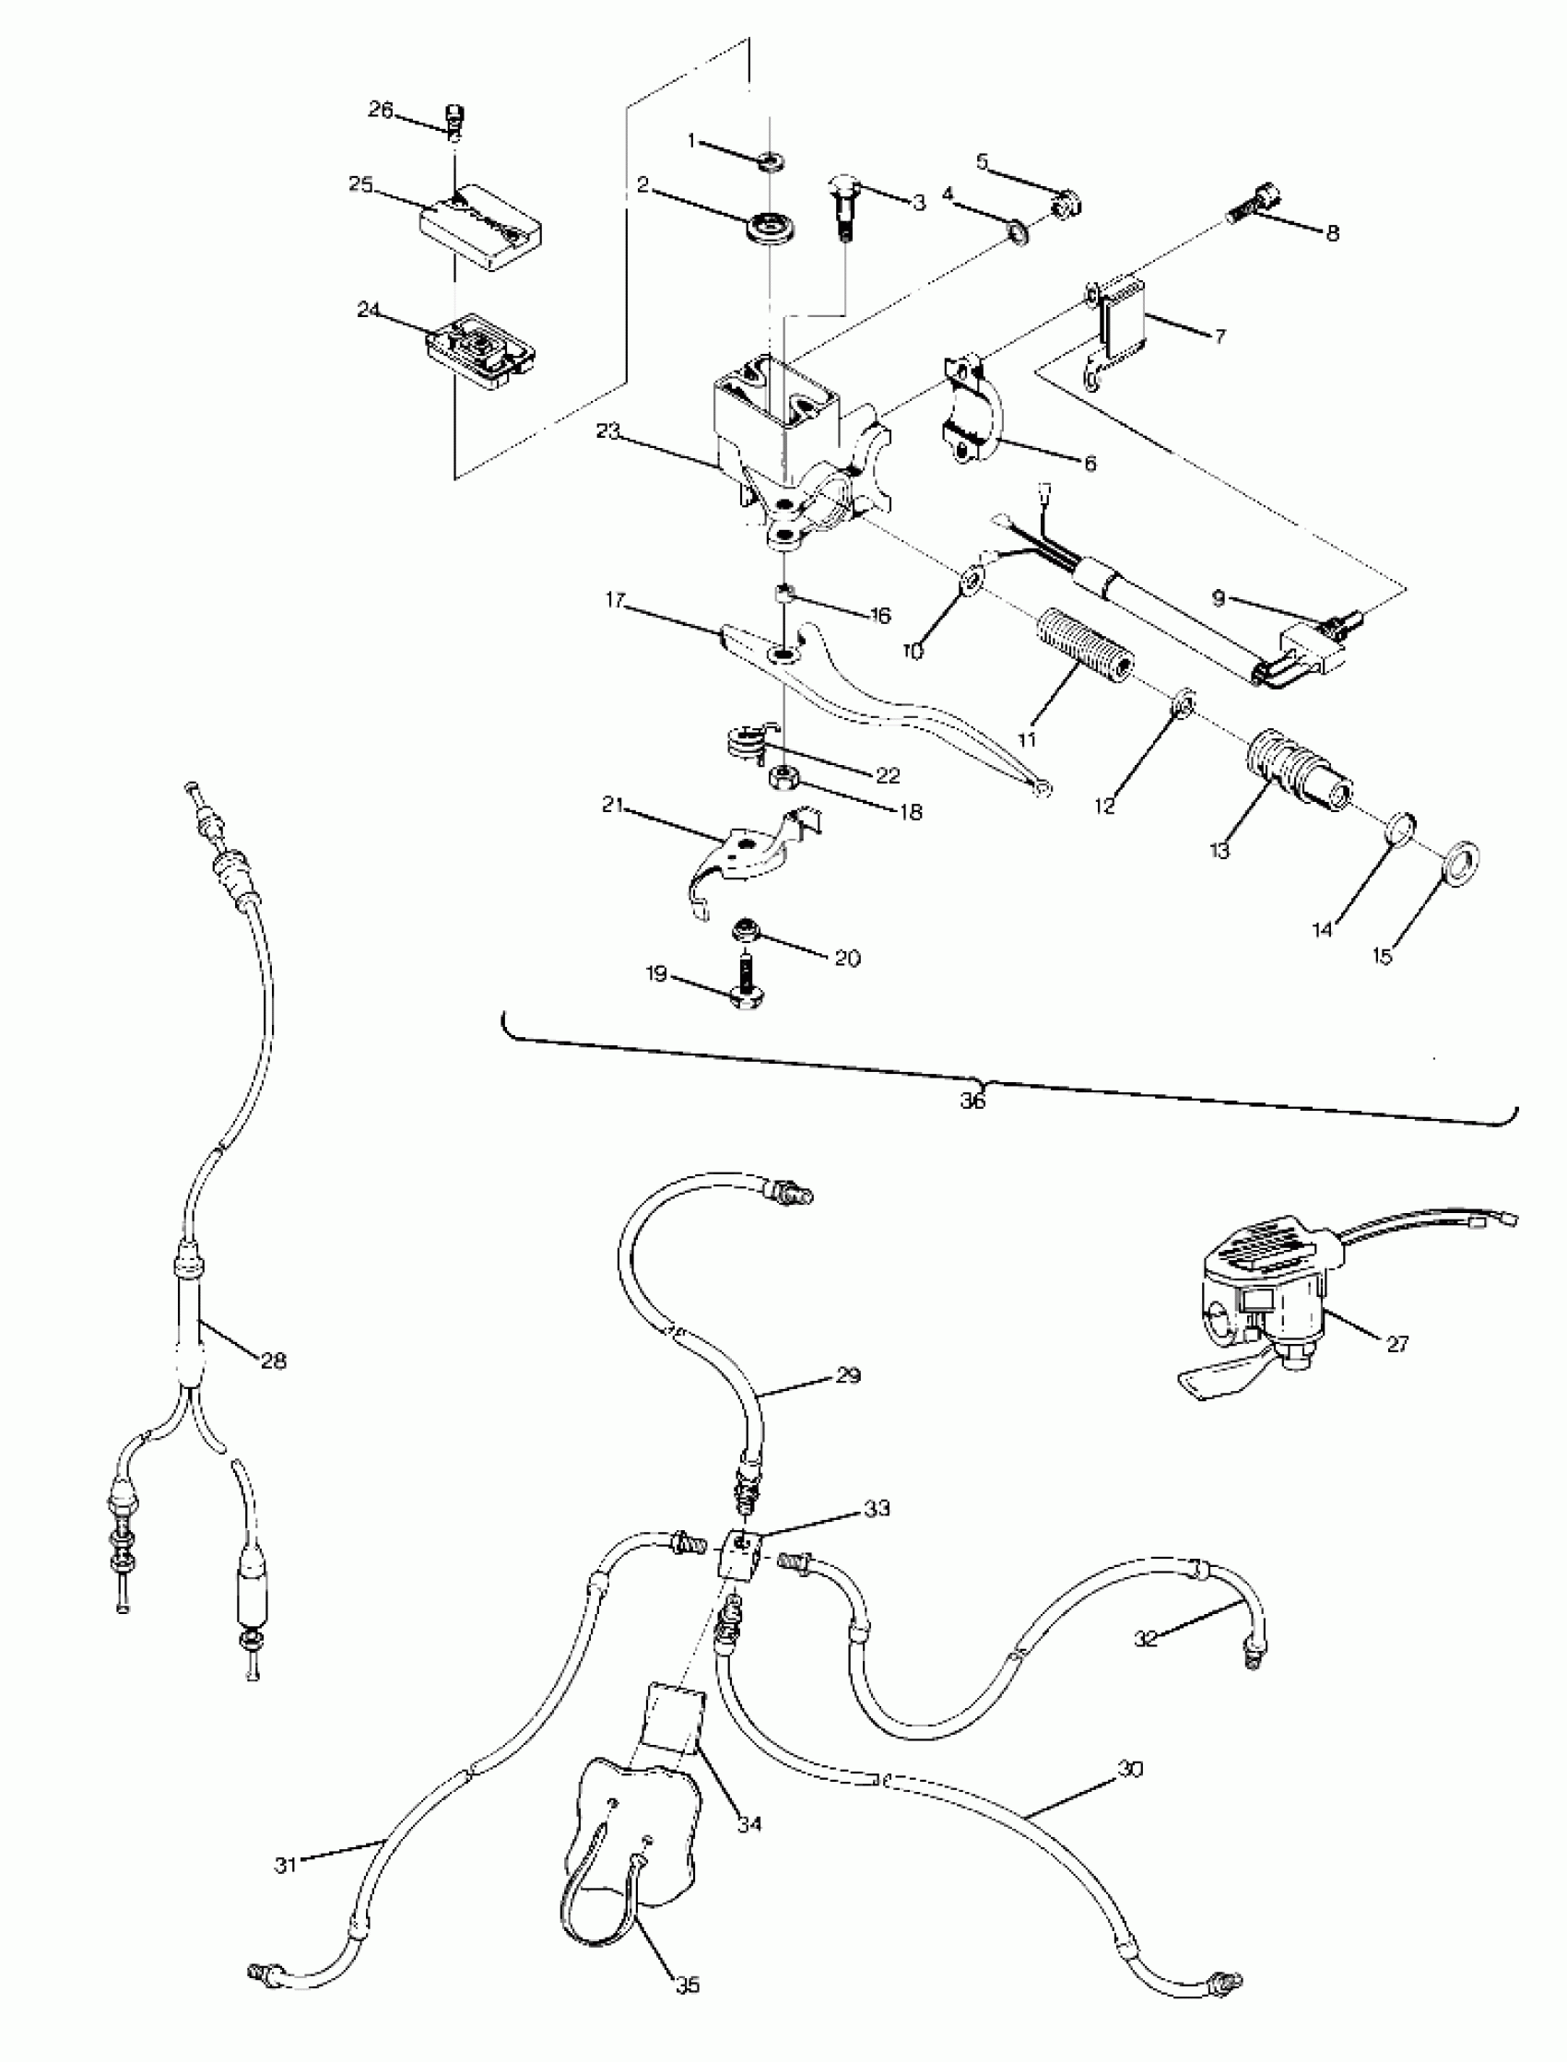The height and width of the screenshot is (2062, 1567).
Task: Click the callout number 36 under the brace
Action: coord(972,1101)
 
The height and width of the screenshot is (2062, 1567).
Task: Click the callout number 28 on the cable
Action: coord(273,1361)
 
